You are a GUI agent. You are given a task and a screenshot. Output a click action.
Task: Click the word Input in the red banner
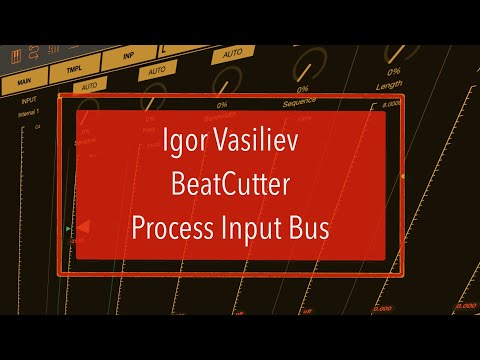(256, 227)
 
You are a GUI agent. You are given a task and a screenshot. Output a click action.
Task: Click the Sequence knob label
(300, 101)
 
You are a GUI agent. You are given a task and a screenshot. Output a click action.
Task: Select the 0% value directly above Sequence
(302, 89)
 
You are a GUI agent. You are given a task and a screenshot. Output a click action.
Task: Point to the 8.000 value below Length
(392, 103)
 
